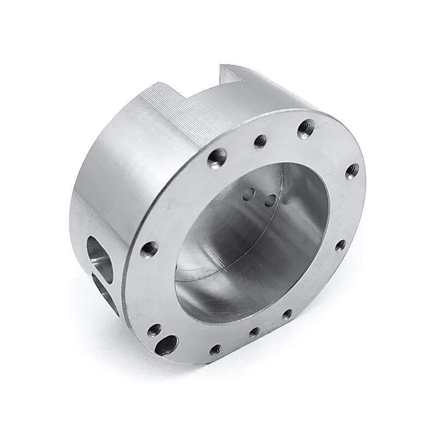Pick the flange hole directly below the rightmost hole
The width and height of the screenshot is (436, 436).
(x=341, y=245)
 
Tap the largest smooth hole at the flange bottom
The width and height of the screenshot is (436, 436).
(x=167, y=344)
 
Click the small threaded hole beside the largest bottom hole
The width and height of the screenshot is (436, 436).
(x=155, y=329)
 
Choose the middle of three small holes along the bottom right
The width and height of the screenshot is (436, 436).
(x=253, y=332)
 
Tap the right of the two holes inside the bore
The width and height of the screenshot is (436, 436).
(x=268, y=202)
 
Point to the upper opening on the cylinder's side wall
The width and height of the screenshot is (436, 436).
(x=97, y=251)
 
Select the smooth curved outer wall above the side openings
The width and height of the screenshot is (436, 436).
(x=109, y=180)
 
